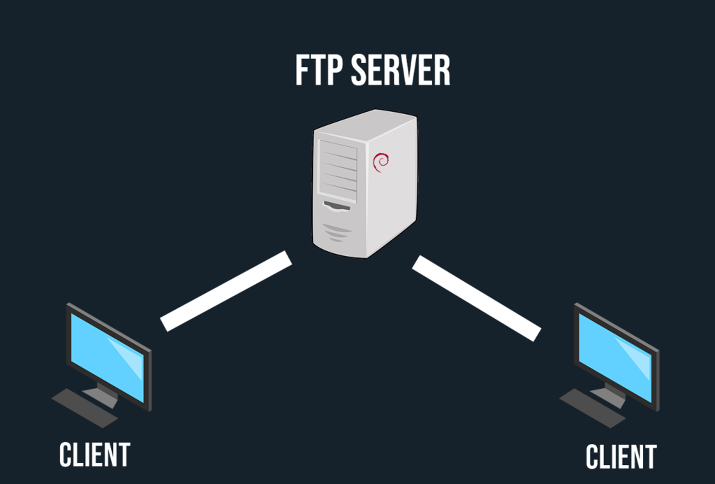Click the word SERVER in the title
tap(400, 71)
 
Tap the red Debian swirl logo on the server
tap(381, 162)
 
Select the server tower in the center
tap(364, 185)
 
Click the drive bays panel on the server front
tap(338, 168)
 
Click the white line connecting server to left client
tap(226, 290)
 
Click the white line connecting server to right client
tap(476, 298)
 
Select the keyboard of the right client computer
tap(592, 407)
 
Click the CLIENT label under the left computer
tap(95, 454)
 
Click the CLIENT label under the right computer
tap(621, 457)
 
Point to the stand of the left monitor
tap(104, 392)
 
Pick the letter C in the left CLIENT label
tap(66, 454)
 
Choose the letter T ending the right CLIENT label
tap(650, 457)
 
